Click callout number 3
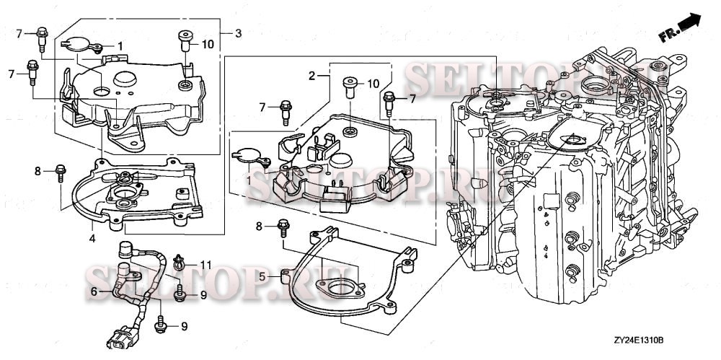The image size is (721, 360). [x=238, y=33]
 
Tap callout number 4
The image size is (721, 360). [x=92, y=237]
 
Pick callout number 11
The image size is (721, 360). [x=206, y=265]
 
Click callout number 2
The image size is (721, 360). [x=312, y=75]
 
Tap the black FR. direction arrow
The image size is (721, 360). [x=689, y=22]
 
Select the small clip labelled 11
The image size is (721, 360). [x=181, y=264]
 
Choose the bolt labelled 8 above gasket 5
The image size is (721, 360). [x=283, y=229]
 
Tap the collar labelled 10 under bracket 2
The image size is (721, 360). [x=350, y=88]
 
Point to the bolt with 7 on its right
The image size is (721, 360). [x=389, y=100]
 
